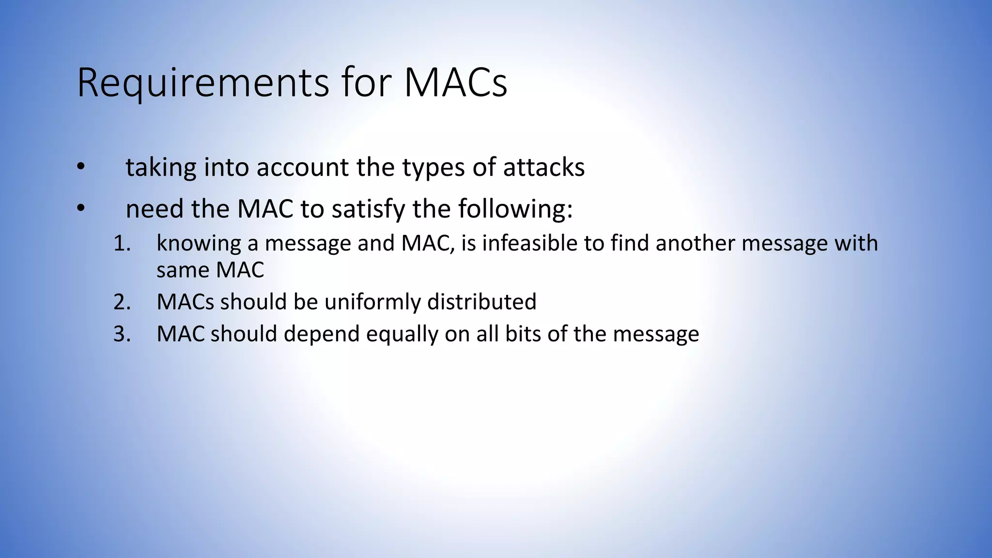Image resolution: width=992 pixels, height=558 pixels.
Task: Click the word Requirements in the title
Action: [x=203, y=83]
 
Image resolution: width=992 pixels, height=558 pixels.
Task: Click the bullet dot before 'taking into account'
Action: [x=80, y=168]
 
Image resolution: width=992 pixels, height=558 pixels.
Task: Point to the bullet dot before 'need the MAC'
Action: [x=80, y=209]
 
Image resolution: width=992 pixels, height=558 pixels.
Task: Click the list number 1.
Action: [x=122, y=243]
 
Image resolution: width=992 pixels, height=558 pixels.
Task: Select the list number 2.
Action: [x=122, y=302]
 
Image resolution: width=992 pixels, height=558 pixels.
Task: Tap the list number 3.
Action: [x=122, y=334]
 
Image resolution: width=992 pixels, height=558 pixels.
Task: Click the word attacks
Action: [x=543, y=168]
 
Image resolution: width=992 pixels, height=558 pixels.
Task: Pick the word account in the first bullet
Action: [x=302, y=168]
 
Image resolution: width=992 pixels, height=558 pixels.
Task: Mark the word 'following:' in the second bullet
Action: [x=515, y=209]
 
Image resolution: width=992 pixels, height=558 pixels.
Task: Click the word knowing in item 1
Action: [x=199, y=243]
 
